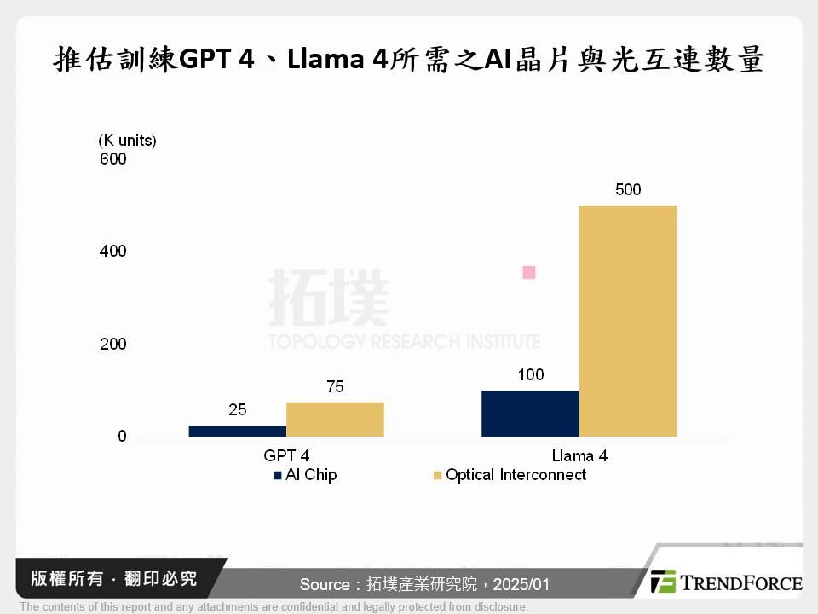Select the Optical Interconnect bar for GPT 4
point(335,419)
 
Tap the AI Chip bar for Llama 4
point(530,414)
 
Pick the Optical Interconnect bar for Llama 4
point(628,321)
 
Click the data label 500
point(628,189)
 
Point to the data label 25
point(238,410)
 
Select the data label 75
point(335,387)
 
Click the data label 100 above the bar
point(530,375)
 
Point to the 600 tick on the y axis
point(112,159)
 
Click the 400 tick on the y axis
point(112,252)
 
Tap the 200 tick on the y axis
point(112,345)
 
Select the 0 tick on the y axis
point(122,437)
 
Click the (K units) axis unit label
point(128,140)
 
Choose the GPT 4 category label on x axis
point(286,456)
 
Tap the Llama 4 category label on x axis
point(579,456)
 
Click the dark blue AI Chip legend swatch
point(278,476)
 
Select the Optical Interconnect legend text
point(516,475)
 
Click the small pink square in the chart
point(528,272)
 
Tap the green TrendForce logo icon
point(663,582)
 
